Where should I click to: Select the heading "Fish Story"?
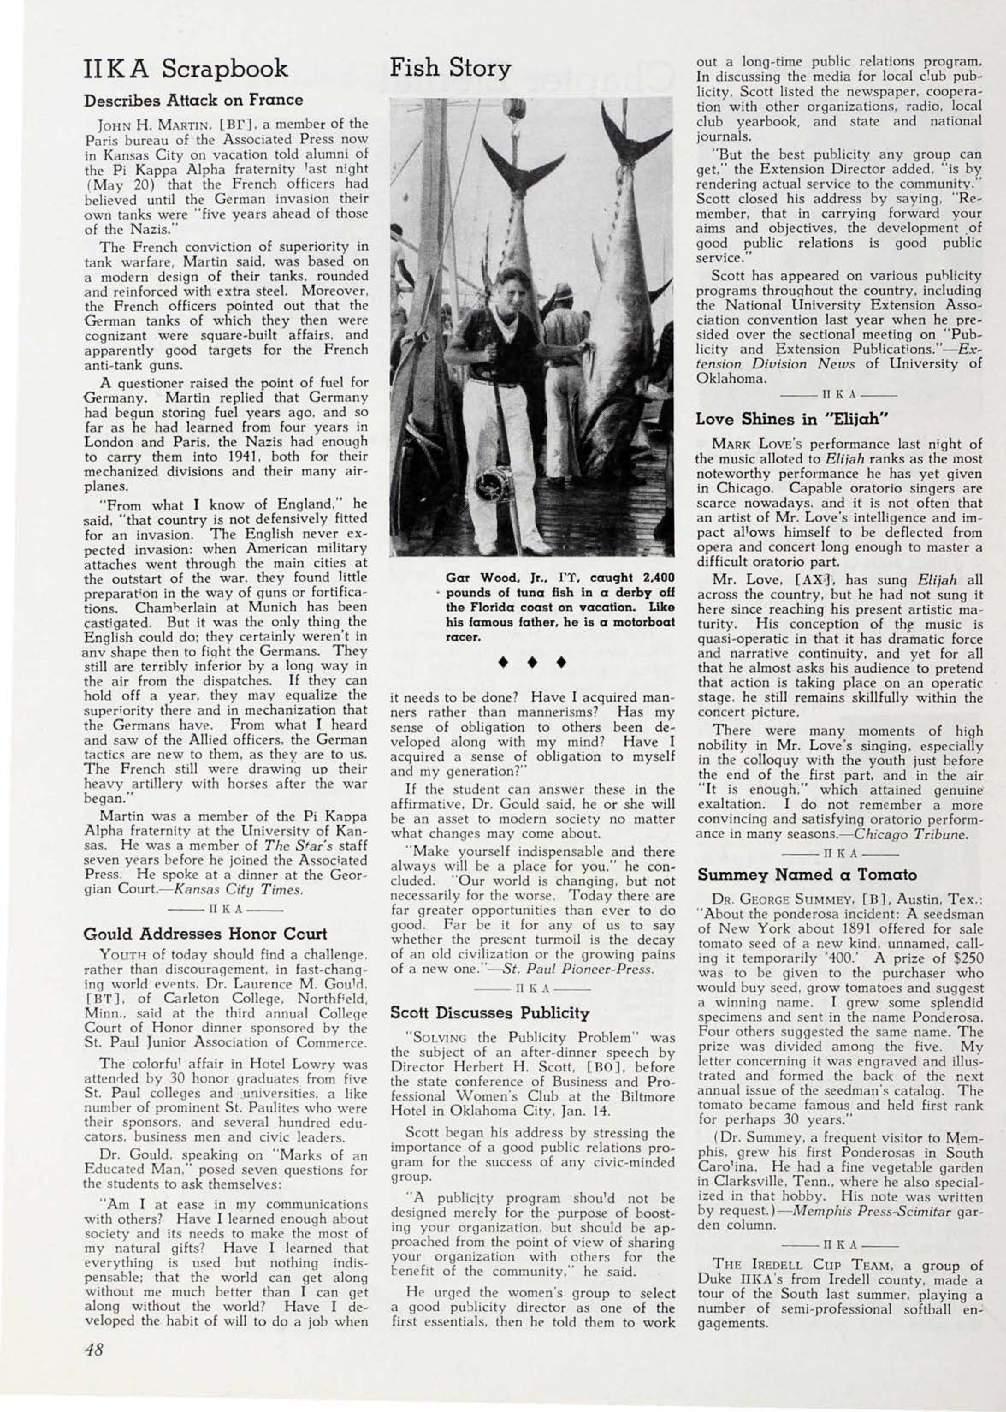pyautogui.click(x=450, y=68)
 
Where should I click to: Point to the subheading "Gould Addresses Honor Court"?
pyautogui.click(x=205, y=933)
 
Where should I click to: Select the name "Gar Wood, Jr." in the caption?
pyautogui.click(x=489, y=578)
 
